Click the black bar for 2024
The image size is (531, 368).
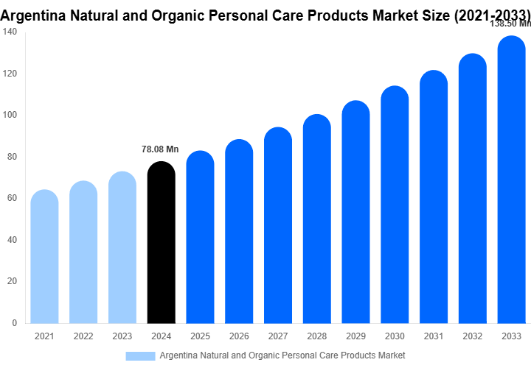[x=161, y=243]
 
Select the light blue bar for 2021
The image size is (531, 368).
[x=44, y=258]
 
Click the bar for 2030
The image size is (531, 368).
[x=395, y=205]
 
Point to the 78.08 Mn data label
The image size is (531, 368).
[x=160, y=149]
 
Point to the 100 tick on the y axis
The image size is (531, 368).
[x=10, y=116]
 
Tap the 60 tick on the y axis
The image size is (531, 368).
[x=13, y=198]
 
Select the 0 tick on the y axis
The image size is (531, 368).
[x=15, y=322]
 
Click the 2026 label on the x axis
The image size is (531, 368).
[x=239, y=336]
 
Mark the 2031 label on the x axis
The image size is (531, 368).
[x=434, y=336]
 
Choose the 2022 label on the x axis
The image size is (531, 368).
[x=83, y=336]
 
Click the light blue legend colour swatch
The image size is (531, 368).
[x=140, y=355]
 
